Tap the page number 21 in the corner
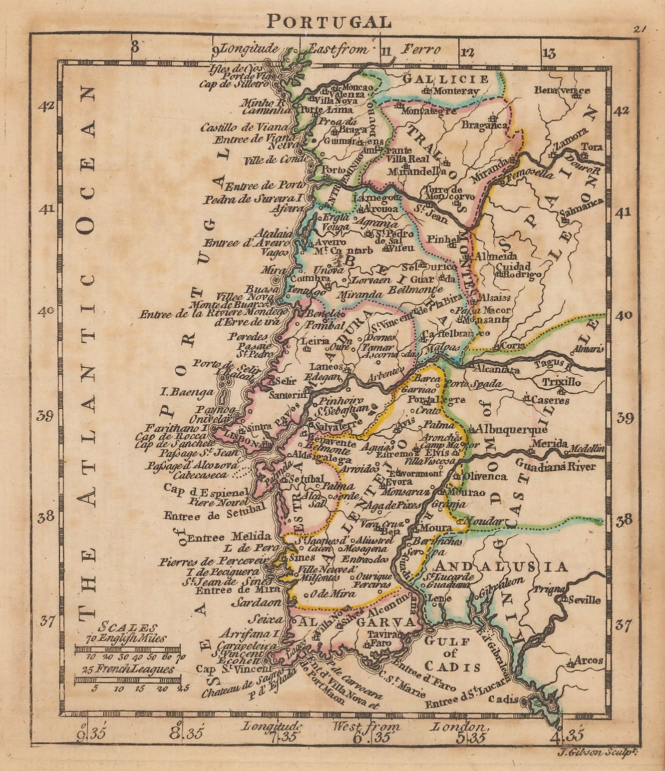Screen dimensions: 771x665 640,29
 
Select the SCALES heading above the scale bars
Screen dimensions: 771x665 128,628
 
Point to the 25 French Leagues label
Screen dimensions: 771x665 128,670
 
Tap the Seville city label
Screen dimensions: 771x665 584,600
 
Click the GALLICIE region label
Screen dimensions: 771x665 446,79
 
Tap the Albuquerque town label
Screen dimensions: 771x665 511,429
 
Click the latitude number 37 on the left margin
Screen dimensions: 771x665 48,621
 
